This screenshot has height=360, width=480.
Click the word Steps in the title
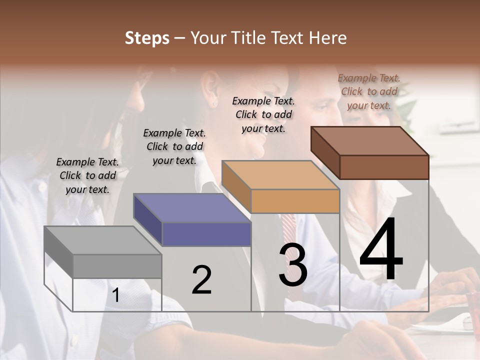[x=147, y=38]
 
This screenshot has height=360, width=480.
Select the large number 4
[x=381, y=249]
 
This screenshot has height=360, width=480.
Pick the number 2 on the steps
[x=201, y=280]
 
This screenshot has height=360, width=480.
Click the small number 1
[x=115, y=295]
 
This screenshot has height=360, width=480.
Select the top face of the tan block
[x=280, y=175]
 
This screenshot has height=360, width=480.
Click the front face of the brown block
[x=384, y=167]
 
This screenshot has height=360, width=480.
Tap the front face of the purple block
[x=206, y=234]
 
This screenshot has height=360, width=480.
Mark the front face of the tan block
[x=295, y=201]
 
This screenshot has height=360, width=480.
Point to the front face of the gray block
[x=117, y=266]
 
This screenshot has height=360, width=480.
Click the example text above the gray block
[x=87, y=175]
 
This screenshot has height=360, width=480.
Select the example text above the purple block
[x=174, y=146]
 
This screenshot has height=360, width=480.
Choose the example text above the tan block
[x=263, y=114]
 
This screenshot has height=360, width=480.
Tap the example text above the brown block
[x=369, y=91]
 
